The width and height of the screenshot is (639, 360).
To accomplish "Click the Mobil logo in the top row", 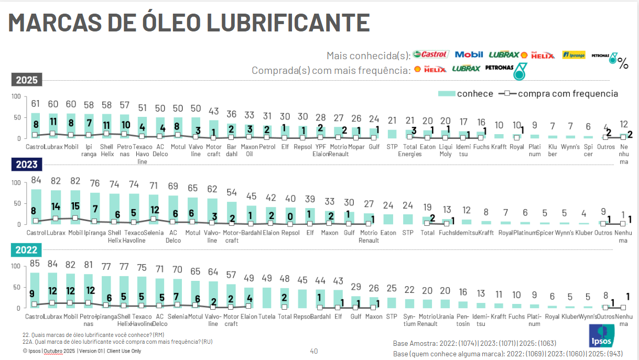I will click(x=469, y=54).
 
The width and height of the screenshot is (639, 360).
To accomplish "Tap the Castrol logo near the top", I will click(x=430, y=54).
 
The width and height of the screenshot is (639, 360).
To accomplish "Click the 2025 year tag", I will click(x=26, y=80).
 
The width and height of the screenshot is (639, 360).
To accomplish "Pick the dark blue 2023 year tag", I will click(x=26, y=165).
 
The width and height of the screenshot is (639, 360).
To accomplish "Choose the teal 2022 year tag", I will click(x=26, y=250).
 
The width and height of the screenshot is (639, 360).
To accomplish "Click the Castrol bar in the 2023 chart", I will click(x=36, y=207).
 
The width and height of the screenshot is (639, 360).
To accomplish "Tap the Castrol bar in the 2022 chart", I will click(x=36, y=290).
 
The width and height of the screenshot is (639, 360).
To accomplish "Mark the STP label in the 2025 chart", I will click(x=392, y=147).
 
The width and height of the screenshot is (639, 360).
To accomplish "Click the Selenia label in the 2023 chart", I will click(x=153, y=233).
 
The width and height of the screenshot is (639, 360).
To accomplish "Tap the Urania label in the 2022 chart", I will click(x=445, y=317).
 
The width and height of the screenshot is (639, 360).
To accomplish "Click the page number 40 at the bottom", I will click(x=314, y=351).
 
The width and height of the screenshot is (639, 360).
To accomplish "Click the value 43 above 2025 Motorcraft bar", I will click(x=213, y=111).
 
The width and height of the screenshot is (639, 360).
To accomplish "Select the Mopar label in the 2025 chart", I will click(x=356, y=147).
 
